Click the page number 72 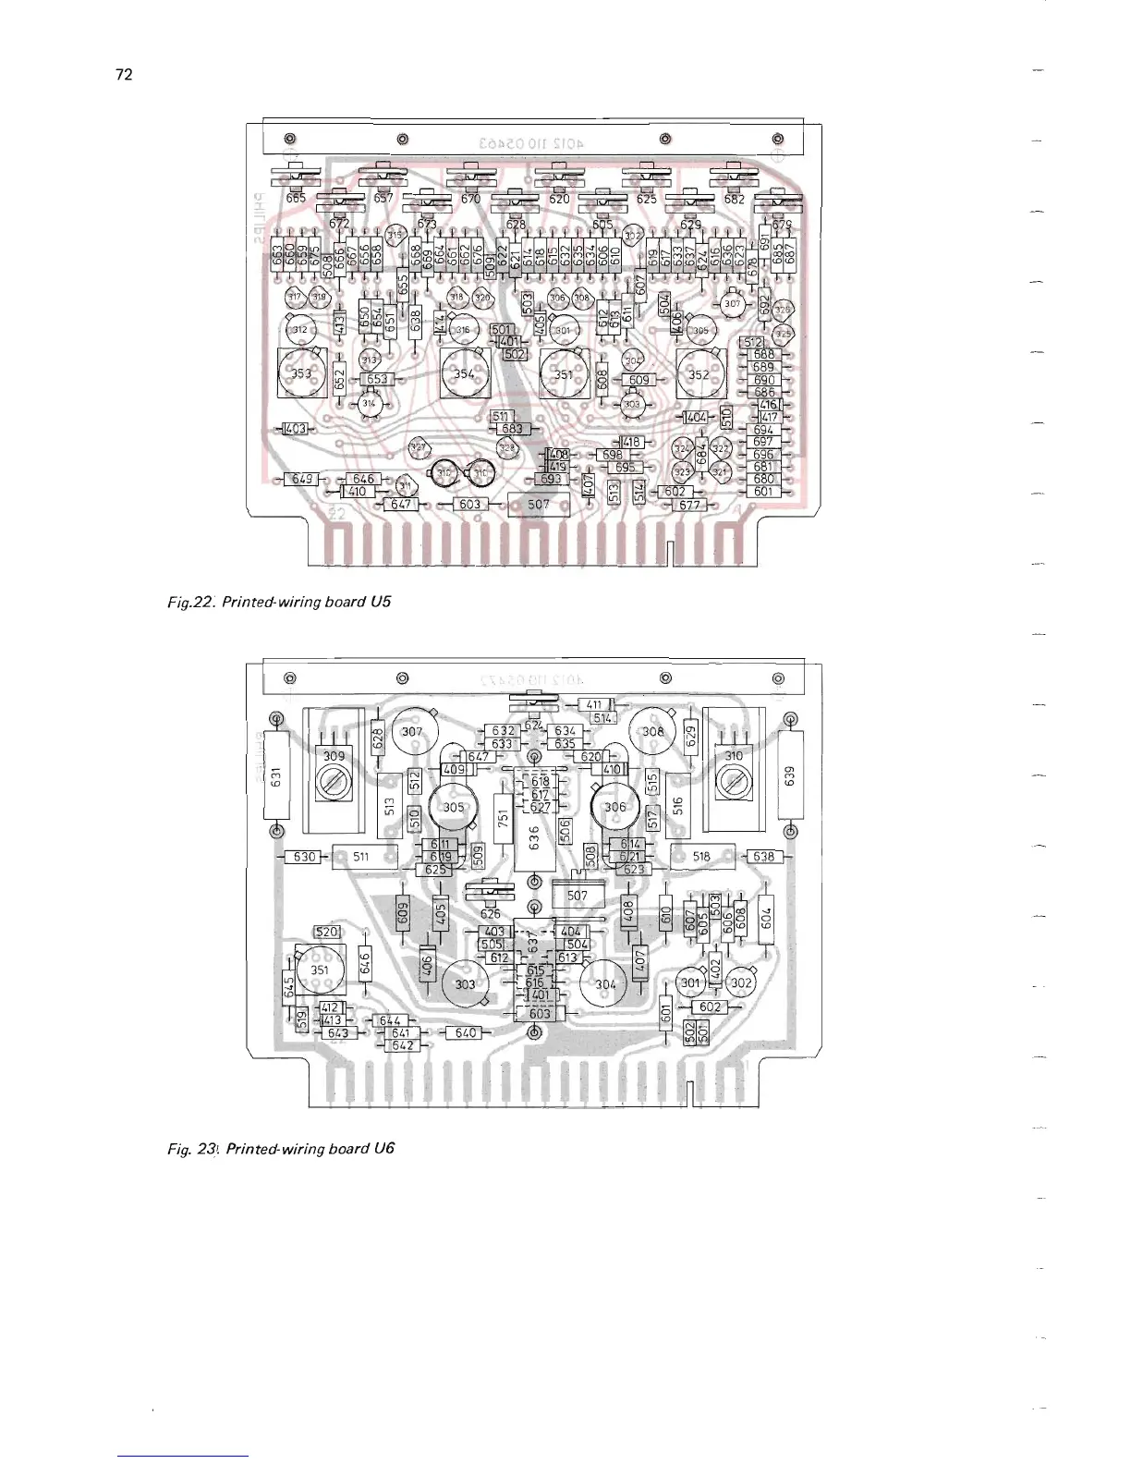point(124,75)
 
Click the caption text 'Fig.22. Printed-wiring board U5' point(279,602)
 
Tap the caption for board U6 point(281,1149)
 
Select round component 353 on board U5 point(301,373)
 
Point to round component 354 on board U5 point(464,373)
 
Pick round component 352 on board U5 point(699,374)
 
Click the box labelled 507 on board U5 point(539,505)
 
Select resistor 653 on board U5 point(377,379)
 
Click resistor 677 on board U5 point(689,506)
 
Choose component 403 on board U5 point(296,429)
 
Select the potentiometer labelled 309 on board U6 point(333,775)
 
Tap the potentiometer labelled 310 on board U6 point(734,775)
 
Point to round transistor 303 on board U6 point(465,984)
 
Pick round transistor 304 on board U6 point(604,984)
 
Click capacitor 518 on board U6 point(701,857)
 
